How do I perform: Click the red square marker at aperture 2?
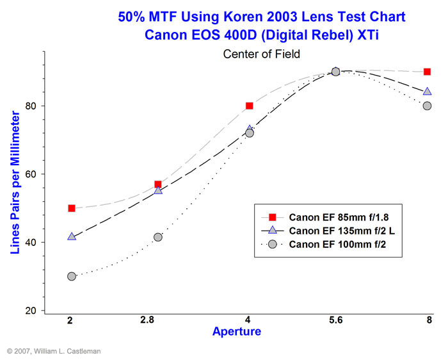[72, 208]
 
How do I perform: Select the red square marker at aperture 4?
[250, 106]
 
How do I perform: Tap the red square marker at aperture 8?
[427, 72]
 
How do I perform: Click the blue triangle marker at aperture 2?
[72, 236]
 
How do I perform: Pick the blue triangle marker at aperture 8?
[427, 92]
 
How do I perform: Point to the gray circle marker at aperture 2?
[72, 276]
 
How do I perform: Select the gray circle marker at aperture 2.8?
[158, 237]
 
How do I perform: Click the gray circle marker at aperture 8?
[427, 106]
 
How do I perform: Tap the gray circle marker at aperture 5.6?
[335, 72]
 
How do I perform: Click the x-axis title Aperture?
[236, 331]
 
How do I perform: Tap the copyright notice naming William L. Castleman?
[54, 351]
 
